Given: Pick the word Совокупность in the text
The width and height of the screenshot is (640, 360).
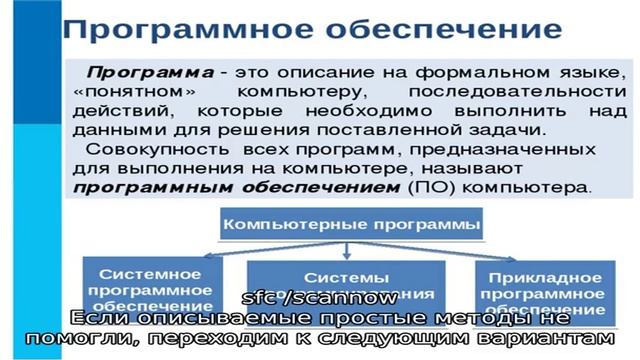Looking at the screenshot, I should (x=145, y=149).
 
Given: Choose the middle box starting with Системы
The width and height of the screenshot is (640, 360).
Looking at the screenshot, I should (x=345, y=280).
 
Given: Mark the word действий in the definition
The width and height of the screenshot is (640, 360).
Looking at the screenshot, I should (x=116, y=111).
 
